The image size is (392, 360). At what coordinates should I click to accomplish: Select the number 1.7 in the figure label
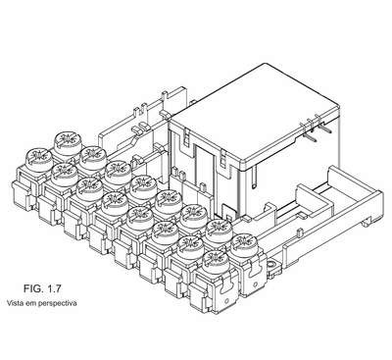coord(54,288)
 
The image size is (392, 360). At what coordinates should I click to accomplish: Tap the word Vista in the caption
coord(14,303)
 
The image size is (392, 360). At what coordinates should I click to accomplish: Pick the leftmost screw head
coord(39,160)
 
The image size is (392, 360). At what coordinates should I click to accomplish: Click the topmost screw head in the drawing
coord(69,143)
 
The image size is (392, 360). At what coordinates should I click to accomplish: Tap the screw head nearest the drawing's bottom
coord(216,262)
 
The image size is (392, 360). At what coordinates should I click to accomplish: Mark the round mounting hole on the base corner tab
coord(271,265)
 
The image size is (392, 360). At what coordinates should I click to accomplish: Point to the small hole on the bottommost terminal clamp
coord(226,300)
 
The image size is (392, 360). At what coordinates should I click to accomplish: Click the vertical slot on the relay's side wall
coord(254,178)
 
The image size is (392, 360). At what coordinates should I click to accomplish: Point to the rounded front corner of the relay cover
coord(245,166)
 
